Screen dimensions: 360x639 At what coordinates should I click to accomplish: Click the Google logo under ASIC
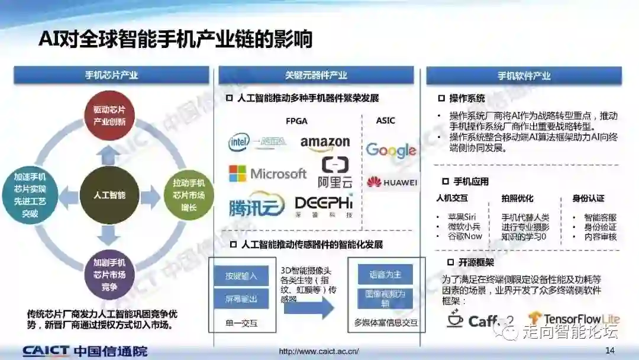(x=390, y=150)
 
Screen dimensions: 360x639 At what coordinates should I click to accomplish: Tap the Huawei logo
(x=391, y=182)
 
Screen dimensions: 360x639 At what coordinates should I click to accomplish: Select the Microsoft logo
(x=267, y=173)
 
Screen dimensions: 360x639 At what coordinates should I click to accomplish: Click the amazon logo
(x=325, y=143)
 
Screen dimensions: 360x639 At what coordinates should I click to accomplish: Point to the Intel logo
(x=240, y=142)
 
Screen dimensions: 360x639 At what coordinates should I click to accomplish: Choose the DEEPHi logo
(x=324, y=205)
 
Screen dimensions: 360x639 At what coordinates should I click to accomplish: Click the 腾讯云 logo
(x=253, y=207)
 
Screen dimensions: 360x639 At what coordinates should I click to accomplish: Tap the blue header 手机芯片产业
(x=111, y=75)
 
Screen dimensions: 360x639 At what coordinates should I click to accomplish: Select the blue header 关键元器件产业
(x=316, y=75)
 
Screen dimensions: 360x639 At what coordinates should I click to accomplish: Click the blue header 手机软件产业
(x=524, y=76)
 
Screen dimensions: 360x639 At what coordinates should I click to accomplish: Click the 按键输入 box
(x=241, y=276)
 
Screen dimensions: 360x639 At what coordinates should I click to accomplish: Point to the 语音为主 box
(x=385, y=275)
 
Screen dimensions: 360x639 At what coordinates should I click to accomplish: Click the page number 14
(x=610, y=351)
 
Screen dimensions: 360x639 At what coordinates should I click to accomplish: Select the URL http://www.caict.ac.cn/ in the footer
(x=319, y=351)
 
